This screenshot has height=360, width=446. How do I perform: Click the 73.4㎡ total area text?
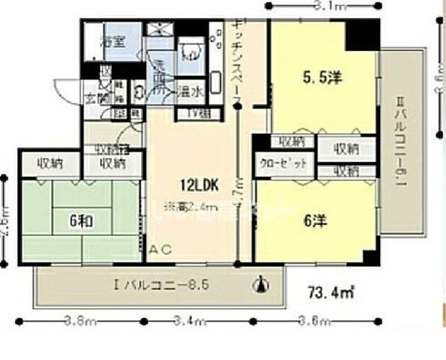332,290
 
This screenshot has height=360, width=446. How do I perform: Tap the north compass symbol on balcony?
261,283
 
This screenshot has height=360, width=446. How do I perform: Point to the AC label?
161,250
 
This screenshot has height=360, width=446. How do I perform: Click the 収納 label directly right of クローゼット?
346,171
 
